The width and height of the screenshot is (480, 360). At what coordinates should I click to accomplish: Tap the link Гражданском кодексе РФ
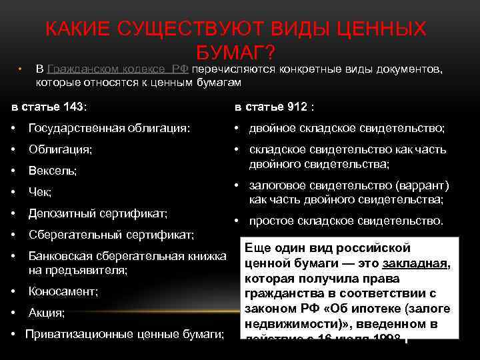(x=117, y=69)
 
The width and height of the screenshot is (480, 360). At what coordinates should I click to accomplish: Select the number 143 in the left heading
(x=75, y=107)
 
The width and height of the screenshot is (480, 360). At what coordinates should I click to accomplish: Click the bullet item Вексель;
(x=52, y=171)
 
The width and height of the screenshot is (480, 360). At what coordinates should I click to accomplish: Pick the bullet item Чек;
(x=40, y=193)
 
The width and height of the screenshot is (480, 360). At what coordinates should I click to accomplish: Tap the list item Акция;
(x=46, y=313)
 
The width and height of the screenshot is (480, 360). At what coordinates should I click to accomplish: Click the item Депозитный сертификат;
(x=97, y=214)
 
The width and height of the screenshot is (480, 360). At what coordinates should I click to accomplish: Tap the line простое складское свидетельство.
(x=345, y=221)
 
